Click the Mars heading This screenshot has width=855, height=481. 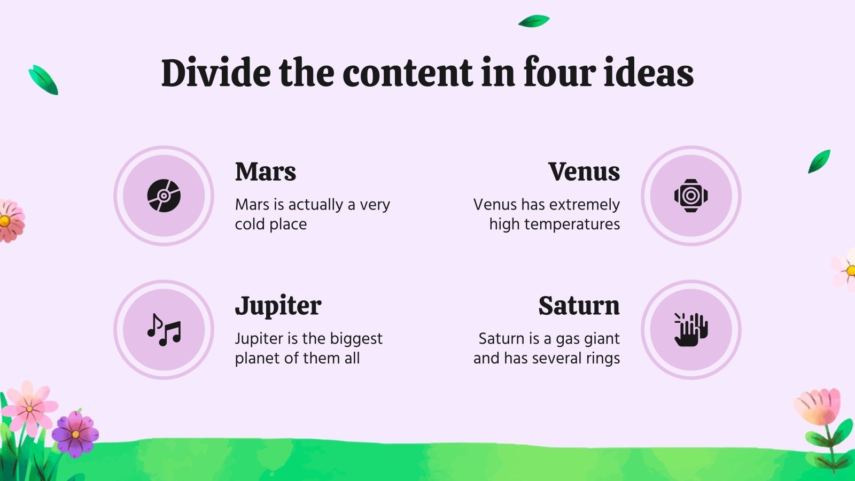point(265,172)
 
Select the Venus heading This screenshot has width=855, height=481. point(584,172)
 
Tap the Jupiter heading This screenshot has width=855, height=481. point(278,306)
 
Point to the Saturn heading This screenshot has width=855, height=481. point(579,306)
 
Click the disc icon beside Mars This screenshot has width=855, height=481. point(164,196)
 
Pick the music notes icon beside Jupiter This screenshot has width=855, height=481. point(164,330)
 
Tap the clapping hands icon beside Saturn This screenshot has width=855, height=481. point(691,330)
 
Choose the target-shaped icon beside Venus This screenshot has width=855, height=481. point(691,196)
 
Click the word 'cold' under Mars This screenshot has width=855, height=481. point(250,224)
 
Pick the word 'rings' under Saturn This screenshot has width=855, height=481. point(603,359)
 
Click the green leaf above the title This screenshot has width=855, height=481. point(534,21)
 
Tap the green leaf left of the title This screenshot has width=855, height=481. point(43,80)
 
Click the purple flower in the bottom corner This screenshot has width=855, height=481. point(75,433)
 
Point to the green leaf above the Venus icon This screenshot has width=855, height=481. point(819,161)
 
